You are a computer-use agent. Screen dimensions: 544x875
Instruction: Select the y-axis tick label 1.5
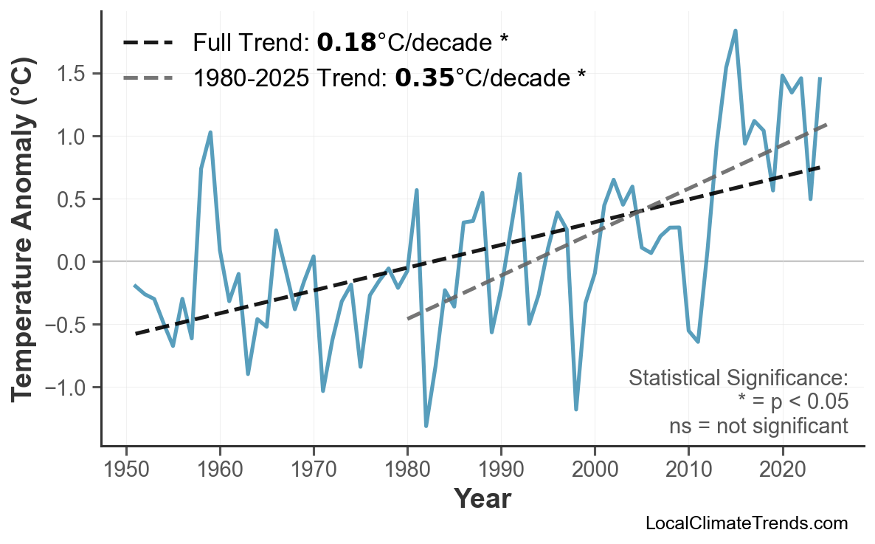[73, 75]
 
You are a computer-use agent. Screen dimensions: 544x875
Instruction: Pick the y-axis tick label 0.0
[73, 262]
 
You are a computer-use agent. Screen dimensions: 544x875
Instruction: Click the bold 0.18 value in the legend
[347, 43]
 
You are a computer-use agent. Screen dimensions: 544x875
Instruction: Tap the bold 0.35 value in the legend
[425, 77]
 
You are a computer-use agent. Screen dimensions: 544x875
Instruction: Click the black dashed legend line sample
[148, 43]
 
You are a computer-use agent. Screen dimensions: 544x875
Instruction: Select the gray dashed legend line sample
[148, 77]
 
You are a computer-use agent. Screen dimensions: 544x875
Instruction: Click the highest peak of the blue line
[735, 31]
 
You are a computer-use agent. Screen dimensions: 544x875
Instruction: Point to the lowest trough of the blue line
[426, 426]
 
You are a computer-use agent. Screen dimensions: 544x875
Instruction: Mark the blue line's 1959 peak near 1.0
[211, 133]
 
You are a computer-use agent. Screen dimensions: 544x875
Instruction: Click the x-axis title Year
[482, 499]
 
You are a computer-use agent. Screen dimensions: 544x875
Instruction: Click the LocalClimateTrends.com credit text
[746, 524]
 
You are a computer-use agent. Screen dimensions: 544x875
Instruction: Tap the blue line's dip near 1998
[575, 409]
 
